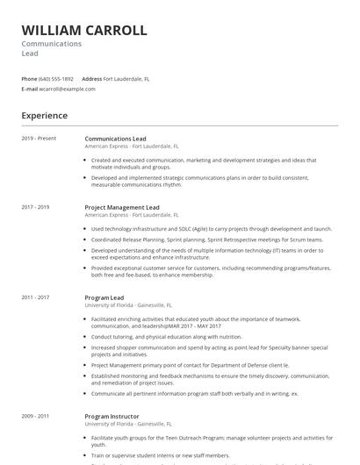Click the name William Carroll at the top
point(84,31)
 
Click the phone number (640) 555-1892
point(56,79)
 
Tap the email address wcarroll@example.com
point(67,89)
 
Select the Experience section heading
point(45,116)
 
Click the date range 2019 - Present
point(39,139)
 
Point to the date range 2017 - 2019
point(36,207)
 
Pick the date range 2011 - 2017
point(36,298)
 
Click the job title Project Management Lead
point(122,207)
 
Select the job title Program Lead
point(104,298)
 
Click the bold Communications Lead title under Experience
point(115,139)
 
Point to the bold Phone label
point(29,79)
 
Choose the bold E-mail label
point(29,89)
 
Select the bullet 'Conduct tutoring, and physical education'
point(167,336)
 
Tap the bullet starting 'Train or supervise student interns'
point(161,455)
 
